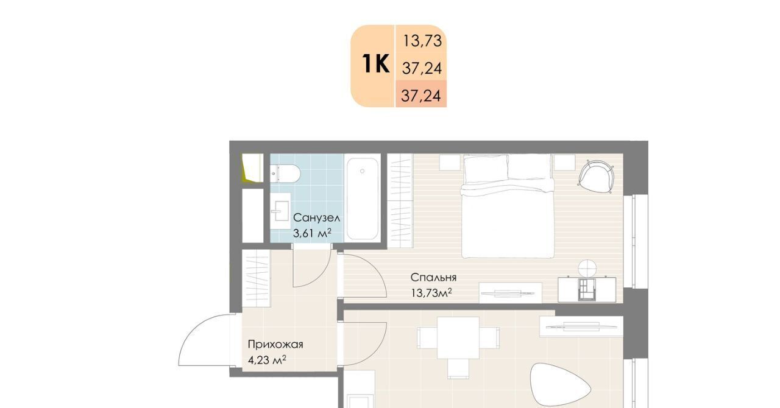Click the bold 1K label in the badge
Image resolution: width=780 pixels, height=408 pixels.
(376, 64)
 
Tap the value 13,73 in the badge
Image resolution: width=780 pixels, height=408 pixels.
(422, 41)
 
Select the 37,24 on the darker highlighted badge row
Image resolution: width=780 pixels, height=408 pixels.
(421, 96)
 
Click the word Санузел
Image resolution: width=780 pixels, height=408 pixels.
(316, 218)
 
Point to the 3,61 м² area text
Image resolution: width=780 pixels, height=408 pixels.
(312, 233)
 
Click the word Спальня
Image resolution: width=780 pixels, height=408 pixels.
(433, 278)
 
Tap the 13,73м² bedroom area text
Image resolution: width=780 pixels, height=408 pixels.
(431, 293)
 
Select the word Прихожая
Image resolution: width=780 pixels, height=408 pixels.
(275, 345)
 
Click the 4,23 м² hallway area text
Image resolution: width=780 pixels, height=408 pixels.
(267, 359)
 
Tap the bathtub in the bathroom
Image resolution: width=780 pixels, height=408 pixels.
(363, 199)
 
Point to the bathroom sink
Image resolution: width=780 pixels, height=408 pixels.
(280, 211)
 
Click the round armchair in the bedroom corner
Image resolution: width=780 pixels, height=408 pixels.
(596, 177)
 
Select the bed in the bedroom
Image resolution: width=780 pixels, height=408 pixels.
(508, 206)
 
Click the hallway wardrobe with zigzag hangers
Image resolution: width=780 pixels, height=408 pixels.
(257, 278)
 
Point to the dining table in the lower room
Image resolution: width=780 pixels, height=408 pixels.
(458, 338)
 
